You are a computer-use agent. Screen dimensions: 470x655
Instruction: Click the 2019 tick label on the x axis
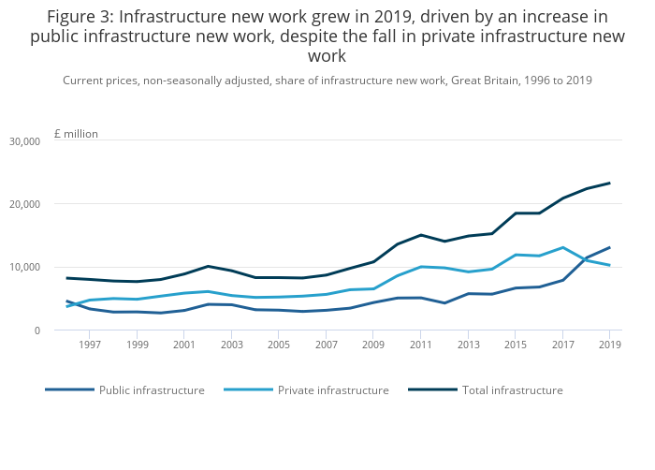pyautogui.click(x=609, y=345)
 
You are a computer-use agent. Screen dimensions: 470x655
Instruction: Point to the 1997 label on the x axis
pyautogui.click(x=90, y=345)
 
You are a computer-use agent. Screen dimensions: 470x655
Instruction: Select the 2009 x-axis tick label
pyautogui.click(x=373, y=345)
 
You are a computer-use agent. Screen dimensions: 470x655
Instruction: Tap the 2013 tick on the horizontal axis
pyautogui.click(x=468, y=345)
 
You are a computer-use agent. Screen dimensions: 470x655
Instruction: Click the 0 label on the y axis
pyautogui.click(x=36, y=330)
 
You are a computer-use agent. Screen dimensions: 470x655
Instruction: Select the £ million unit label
pyautogui.click(x=76, y=134)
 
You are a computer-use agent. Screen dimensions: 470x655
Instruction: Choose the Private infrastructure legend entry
pyautogui.click(x=333, y=389)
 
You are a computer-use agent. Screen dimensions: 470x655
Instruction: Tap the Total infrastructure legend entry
pyautogui.click(x=513, y=389)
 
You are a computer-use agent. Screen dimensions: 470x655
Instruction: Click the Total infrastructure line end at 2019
pyautogui.click(x=609, y=183)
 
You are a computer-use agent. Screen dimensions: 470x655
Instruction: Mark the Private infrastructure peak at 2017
pyautogui.click(x=562, y=247)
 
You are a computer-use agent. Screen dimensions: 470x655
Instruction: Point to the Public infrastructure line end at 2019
pyautogui.click(x=609, y=247)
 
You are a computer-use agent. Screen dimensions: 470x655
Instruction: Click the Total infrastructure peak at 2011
pyautogui.click(x=421, y=235)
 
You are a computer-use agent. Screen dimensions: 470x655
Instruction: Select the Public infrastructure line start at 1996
pyautogui.click(x=66, y=301)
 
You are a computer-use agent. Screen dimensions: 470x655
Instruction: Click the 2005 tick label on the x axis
pyautogui.click(x=279, y=345)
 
